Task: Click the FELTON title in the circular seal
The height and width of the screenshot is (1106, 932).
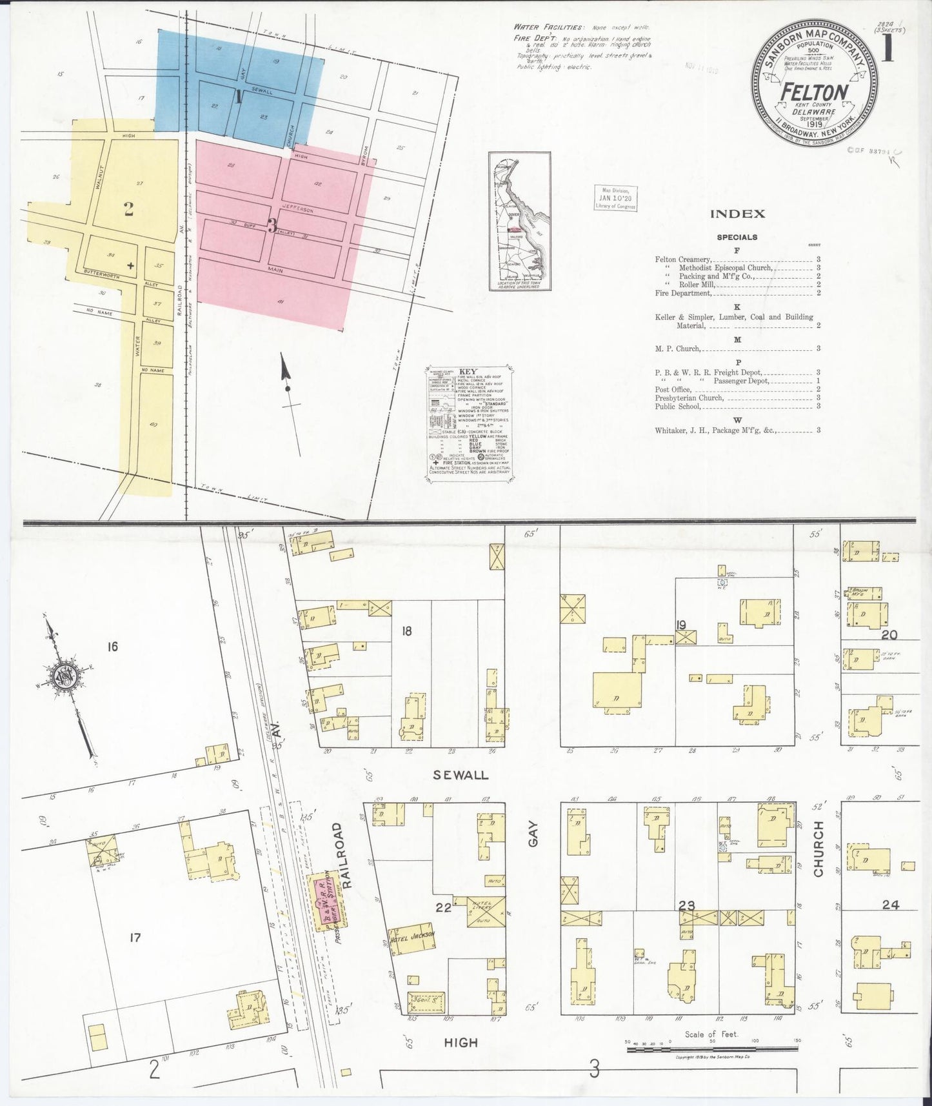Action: (x=814, y=92)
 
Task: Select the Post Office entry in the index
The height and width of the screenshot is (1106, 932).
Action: (x=673, y=389)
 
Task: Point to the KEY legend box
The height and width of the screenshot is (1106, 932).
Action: (x=469, y=423)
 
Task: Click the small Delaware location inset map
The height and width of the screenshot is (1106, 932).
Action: (x=519, y=221)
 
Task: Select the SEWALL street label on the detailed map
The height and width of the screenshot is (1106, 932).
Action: (x=461, y=775)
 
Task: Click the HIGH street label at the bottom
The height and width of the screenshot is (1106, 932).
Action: (x=461, y=1042)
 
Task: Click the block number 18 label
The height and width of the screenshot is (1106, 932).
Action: (x=406, y=631)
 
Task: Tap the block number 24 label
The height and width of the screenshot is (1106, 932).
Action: (x=890, y=905)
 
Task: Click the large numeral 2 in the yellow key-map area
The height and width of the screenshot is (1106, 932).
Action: (x=129, y=208)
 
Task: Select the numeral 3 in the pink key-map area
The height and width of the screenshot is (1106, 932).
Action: (x=272, y=226)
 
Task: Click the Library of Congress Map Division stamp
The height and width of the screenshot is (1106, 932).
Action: (x=615, y=198)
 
